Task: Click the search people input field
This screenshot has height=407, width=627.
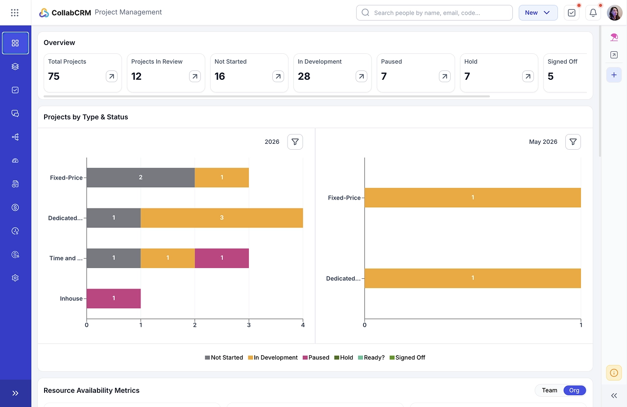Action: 434,13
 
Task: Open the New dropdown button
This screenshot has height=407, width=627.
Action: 538,13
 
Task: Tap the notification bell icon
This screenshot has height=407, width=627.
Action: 593,13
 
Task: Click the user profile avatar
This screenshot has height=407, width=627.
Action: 614,13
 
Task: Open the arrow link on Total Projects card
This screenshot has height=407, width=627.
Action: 111,76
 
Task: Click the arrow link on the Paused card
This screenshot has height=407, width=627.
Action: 444,76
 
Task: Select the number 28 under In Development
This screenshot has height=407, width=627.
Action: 304,76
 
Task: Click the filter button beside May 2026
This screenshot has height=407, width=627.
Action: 573,142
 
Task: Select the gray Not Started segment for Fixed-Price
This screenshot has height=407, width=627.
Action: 141,178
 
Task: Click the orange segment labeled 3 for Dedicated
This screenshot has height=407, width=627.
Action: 222,218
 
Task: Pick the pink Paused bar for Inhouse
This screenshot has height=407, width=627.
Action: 114,298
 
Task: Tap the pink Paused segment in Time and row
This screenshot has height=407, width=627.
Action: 222,258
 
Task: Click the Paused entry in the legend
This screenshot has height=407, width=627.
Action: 316,358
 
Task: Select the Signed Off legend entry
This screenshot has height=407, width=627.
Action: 407,358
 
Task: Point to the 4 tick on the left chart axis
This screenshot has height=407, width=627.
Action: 303,325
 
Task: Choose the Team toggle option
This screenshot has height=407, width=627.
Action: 550,390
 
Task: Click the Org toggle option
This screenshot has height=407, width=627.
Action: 574,390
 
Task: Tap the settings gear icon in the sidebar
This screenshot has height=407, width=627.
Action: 15,278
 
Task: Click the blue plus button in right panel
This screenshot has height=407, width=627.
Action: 614,75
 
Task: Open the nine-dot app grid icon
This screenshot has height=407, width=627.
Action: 15,13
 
